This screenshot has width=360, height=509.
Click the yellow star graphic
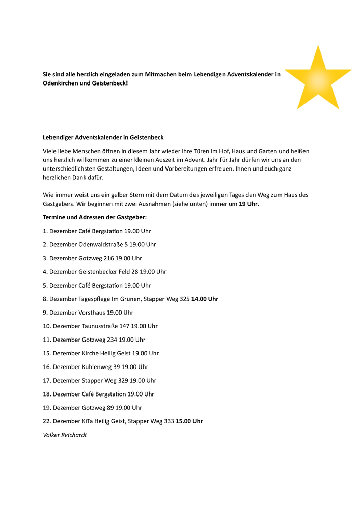point(318,79)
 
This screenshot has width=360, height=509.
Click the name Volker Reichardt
point(65,435)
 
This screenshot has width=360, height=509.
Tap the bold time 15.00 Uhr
point(189,421)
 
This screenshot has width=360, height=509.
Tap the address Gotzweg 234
point(99,340)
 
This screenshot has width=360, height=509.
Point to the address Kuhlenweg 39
point(101,367)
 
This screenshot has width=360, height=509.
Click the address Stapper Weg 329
point(105,380)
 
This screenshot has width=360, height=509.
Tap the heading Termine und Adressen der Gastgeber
point(95,217)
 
